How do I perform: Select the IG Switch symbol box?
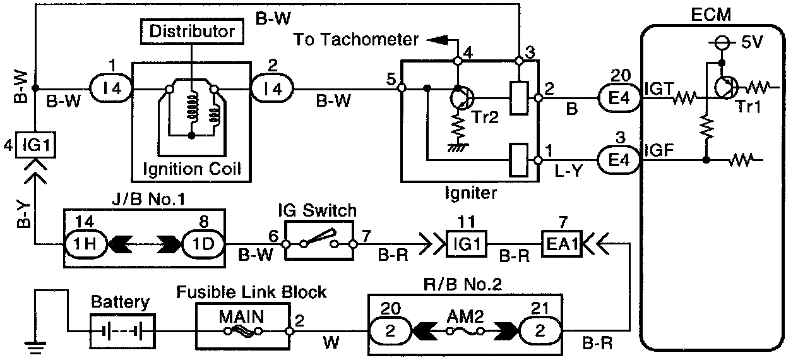click(319, 240)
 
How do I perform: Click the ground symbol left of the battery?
click(35, 345)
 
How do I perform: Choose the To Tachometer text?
click(356, 40)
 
